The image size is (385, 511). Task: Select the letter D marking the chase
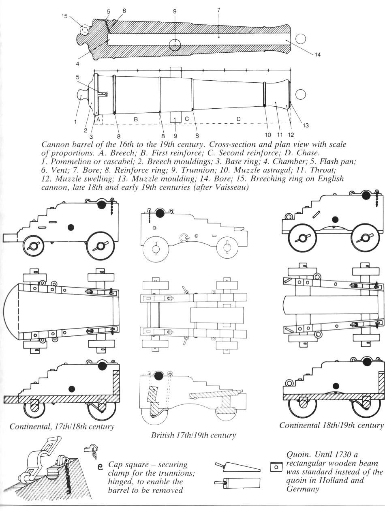pos(239,119)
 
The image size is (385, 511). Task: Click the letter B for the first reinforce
pos(136,119)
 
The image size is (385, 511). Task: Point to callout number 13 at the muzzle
pos(306,125)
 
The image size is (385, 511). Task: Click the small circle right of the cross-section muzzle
pos(300,39)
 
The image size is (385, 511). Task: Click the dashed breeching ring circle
pos(85,29)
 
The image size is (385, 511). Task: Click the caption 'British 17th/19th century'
pos(193,436)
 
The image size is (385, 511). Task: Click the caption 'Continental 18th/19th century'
pos(332,425)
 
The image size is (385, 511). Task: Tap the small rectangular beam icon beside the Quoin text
pos(276,468)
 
